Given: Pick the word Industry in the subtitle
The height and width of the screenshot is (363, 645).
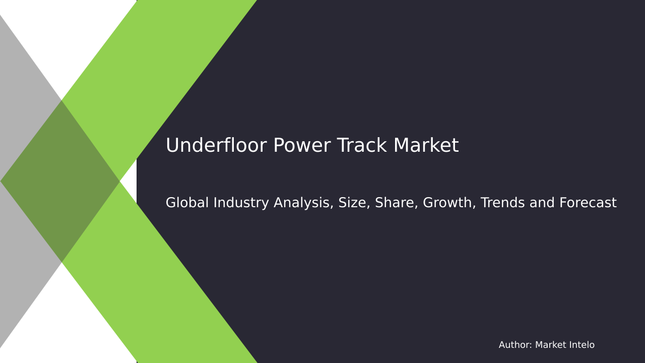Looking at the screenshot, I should (x=240, y=203).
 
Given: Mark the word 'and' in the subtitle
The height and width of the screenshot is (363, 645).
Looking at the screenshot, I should (x=546, y=203).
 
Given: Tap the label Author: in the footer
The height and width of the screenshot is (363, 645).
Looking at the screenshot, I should (x=515, y=345).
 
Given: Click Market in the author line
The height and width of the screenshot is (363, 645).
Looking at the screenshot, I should (x=550, y=345).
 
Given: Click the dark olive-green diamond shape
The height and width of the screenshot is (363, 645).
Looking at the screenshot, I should (x=60, y=181).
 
